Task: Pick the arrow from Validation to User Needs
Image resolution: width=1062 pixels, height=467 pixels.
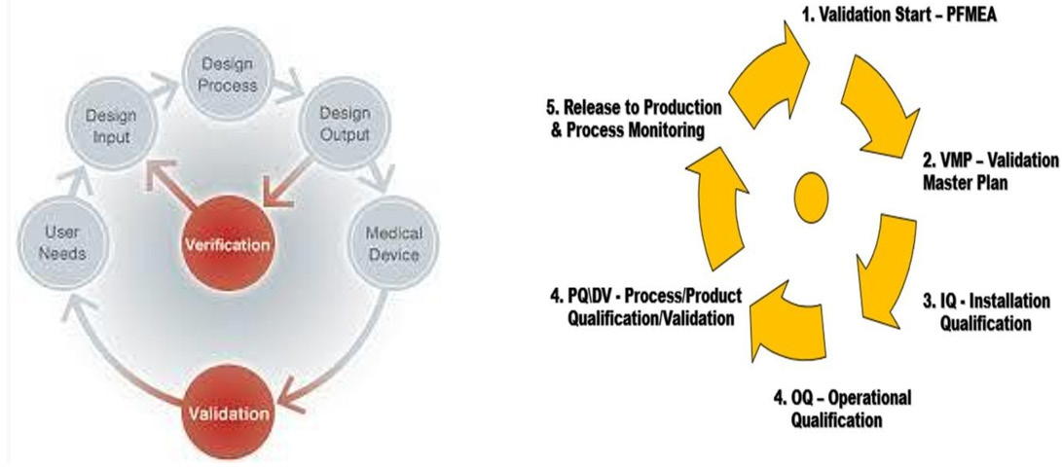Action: [x=107, y=355]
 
